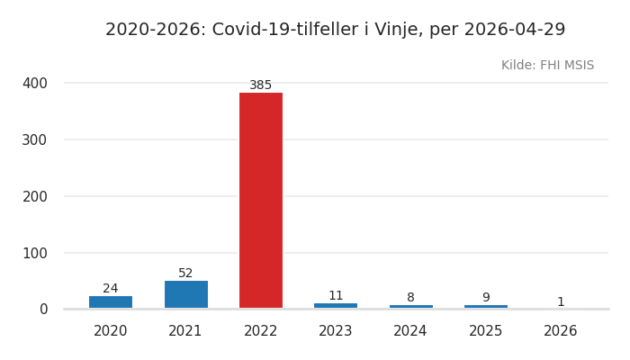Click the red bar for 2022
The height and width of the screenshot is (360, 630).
(x=261, y=201)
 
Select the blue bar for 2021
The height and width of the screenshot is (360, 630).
(x=185, y=294)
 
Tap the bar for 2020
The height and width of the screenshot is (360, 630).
(x=111, y=302)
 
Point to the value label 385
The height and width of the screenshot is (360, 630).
(x=261, y=85)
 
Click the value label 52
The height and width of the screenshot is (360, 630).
(x=185, y=274)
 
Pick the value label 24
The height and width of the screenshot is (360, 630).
(x=111, y=289)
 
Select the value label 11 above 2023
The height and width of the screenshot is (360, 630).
(x=336, y=296)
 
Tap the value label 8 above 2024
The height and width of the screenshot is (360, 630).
(x=410, y=298)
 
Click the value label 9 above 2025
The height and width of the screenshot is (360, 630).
(x=486, y=298)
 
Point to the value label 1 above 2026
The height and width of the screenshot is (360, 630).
(x=561, y=302)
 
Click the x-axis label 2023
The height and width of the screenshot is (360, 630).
(x=336, y=331)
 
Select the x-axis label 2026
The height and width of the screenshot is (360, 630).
(x=561, y=331)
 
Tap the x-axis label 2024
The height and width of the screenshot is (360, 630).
(x=410, y=331)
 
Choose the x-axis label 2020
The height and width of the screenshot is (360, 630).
(x=111, y=331)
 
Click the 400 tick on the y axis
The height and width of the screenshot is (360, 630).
(x=35, y=83)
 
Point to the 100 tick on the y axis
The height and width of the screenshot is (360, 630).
(x=35, y=253)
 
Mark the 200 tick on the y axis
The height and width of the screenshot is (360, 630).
(x=35, y=196)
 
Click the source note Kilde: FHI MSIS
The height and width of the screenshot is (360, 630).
(x=547, y=66)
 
